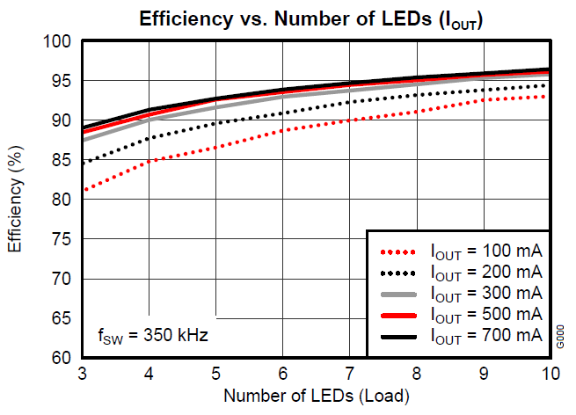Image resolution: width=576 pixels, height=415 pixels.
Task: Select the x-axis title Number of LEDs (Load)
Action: pos(316,396)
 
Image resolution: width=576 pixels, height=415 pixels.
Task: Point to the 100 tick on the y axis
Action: pos(58,41)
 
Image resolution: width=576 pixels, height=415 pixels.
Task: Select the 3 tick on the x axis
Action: pos(82,373)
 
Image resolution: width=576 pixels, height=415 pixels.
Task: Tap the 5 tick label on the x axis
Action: pos(216,373)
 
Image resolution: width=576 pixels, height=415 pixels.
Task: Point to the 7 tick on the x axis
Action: pos(350,373)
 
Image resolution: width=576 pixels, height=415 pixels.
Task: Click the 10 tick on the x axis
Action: pos(550,373)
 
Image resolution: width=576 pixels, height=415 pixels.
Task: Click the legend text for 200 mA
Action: pos(485,272)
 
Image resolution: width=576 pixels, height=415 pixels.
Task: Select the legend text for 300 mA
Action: pos(485,293)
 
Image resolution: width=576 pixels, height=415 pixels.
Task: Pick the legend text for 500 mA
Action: pos(485,314)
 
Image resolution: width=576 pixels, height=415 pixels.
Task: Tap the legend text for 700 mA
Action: pos(485,335)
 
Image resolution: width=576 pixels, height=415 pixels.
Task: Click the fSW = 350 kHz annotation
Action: pos(151,336)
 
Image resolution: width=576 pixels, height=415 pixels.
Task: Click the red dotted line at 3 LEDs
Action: pos(83,190)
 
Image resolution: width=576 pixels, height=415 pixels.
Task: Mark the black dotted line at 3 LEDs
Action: pos(83,164)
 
